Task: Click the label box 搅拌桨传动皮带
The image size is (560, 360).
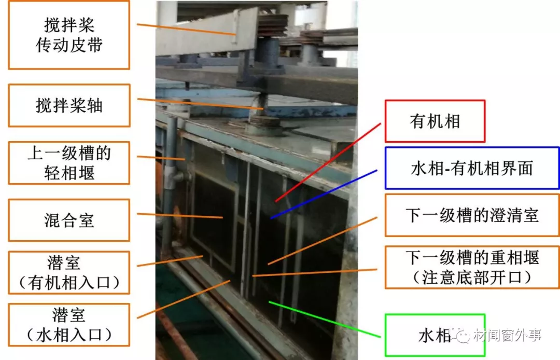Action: coord(69,35)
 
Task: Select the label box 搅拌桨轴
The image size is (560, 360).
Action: coord(69,105)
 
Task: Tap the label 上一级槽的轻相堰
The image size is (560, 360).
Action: coord(69,163)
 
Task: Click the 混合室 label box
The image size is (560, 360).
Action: coord(69,220)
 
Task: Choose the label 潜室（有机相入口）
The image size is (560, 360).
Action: coord(69,273)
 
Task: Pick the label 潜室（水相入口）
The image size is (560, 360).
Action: coord(69,325)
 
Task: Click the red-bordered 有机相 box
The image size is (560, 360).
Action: coord(435,121)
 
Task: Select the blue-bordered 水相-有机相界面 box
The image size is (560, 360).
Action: coord(472,168)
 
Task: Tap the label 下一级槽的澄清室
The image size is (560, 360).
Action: coord(472,215)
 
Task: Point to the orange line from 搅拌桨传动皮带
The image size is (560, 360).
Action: coord(187,30)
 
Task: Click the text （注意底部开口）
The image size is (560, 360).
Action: coord(472,278)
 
